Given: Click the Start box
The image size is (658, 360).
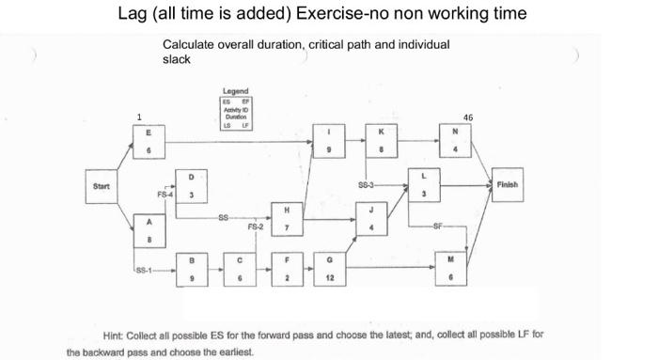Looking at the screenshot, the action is point(102,185).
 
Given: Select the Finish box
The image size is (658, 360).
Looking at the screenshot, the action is point(508,185).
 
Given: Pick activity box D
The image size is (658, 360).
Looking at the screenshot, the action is point(192,186).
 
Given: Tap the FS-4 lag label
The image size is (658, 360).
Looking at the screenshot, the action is point(165,195).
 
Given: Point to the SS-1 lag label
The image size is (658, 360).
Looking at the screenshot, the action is point(145,273).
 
